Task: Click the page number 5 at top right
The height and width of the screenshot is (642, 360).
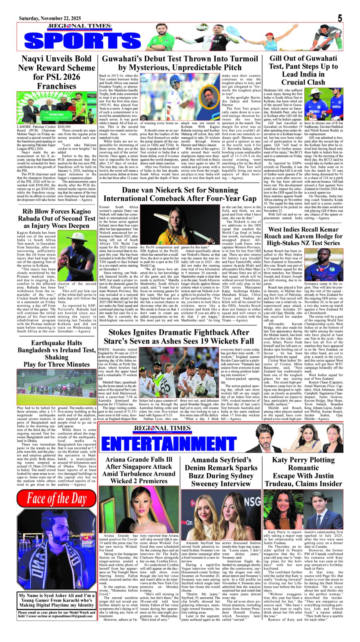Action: pos(340,18)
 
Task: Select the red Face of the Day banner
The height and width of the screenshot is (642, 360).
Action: pos(56,499)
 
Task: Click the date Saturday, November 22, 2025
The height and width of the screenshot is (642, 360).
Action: pos(50,18)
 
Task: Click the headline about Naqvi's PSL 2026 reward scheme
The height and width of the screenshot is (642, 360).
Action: pos(56,72)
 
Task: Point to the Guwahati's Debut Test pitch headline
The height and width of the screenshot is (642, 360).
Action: pos(180,63)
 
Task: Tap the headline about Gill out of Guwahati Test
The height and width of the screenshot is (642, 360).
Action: pos(303,70)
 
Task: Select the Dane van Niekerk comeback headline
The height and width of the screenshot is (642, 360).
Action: pos(180,194)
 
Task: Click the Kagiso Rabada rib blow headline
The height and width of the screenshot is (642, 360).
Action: pos(56,219)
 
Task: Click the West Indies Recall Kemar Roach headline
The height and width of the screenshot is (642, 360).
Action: pos(303,236)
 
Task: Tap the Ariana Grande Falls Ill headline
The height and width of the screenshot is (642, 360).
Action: pos(139,470)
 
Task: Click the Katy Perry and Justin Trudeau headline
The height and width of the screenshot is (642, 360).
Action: pos(303,472)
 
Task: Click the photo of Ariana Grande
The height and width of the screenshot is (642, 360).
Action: pos(139,509)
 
